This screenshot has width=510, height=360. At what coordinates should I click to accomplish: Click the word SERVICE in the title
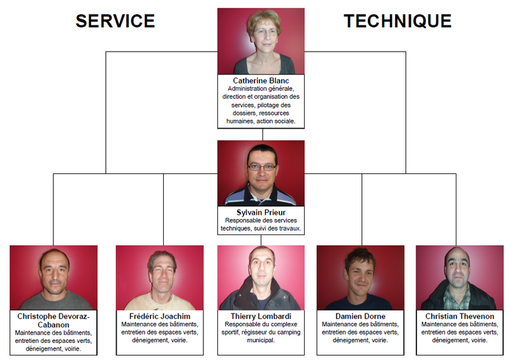115,21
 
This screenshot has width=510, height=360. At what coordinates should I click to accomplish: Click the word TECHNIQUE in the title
398,21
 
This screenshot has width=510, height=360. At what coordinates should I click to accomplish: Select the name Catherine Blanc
261,81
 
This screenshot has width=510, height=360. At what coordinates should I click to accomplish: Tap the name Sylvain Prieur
261,212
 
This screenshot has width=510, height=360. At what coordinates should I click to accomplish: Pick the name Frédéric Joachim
159,316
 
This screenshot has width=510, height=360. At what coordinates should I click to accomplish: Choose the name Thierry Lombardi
261,316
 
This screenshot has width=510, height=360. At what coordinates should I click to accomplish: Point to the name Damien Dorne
360,316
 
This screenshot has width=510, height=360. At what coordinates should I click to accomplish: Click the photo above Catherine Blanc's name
261,41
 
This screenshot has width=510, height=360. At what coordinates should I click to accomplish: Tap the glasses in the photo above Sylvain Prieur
262,167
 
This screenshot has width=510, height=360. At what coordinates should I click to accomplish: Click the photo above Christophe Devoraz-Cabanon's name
54,278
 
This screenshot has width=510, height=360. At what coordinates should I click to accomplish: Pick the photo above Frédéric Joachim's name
159,278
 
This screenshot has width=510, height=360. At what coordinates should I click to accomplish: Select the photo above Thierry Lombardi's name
261,278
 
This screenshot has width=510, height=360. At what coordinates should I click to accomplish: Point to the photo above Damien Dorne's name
360,278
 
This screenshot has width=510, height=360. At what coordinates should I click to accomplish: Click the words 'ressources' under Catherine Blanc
275,113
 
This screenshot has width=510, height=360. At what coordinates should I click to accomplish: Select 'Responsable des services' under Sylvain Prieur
261,220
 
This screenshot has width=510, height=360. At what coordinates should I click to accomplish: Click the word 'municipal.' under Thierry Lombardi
261,340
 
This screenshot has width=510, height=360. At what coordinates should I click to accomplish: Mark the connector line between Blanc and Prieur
262,133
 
